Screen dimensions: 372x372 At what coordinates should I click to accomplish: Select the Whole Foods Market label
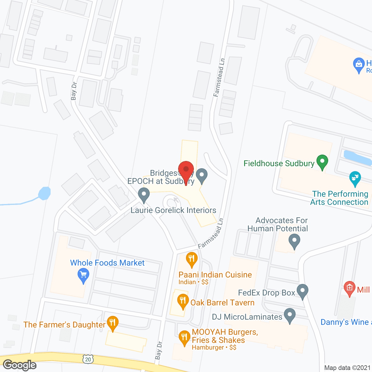click(107, 263)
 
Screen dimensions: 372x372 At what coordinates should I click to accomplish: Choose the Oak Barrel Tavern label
click(222, 303)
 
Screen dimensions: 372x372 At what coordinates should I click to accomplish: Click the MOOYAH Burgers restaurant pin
click(184, 337)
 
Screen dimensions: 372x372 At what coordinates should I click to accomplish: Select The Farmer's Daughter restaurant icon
click(112, 323)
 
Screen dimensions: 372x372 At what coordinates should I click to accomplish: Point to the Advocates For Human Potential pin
click(294, 241)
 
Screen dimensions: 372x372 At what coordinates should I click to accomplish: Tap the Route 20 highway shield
click(88, 359)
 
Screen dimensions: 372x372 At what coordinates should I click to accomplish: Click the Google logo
click(19, 365)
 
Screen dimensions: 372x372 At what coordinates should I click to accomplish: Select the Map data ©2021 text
click(347, 368)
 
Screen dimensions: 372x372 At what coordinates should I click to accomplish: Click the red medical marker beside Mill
click(349, 288)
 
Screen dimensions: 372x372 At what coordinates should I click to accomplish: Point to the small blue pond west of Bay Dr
click(44, 193)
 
